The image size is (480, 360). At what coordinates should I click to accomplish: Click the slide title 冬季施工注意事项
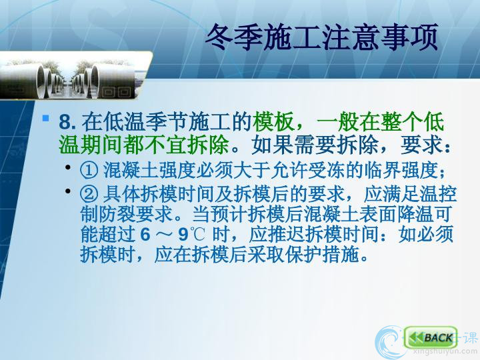(322, 37)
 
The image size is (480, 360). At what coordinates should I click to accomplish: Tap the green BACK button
(431, 337)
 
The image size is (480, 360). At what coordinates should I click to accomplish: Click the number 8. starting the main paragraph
(67, 122)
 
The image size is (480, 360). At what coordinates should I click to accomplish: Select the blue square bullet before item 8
(45, 118)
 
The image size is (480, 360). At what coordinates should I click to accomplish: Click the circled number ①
(89, 170)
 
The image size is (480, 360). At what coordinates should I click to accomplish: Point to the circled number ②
(89, 194)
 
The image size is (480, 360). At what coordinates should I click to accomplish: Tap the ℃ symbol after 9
(197, 235)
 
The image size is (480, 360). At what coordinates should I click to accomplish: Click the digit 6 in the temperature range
(145, 235)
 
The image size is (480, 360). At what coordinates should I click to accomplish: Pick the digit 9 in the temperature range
(183, 235)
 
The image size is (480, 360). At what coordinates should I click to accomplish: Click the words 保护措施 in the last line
(322, 255)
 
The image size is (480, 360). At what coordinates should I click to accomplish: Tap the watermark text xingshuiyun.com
(445, 351)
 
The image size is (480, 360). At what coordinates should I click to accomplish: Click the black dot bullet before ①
(68, 167)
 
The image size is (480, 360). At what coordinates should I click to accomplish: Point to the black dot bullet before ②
(68, 191)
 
